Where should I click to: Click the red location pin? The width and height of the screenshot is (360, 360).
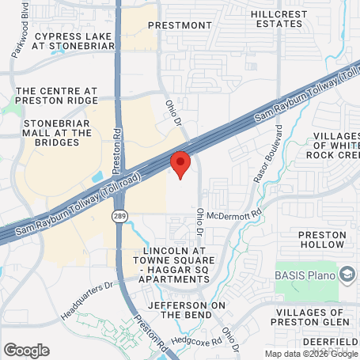[181, 164]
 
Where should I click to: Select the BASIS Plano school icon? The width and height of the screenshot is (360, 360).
[347, 274]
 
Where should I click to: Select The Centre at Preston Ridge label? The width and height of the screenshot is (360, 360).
[57, 96]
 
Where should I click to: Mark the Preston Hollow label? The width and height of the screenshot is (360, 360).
[322, 240]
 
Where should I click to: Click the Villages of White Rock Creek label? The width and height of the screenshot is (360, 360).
[326, 147]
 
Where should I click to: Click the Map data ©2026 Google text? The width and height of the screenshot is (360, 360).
[311, 354]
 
